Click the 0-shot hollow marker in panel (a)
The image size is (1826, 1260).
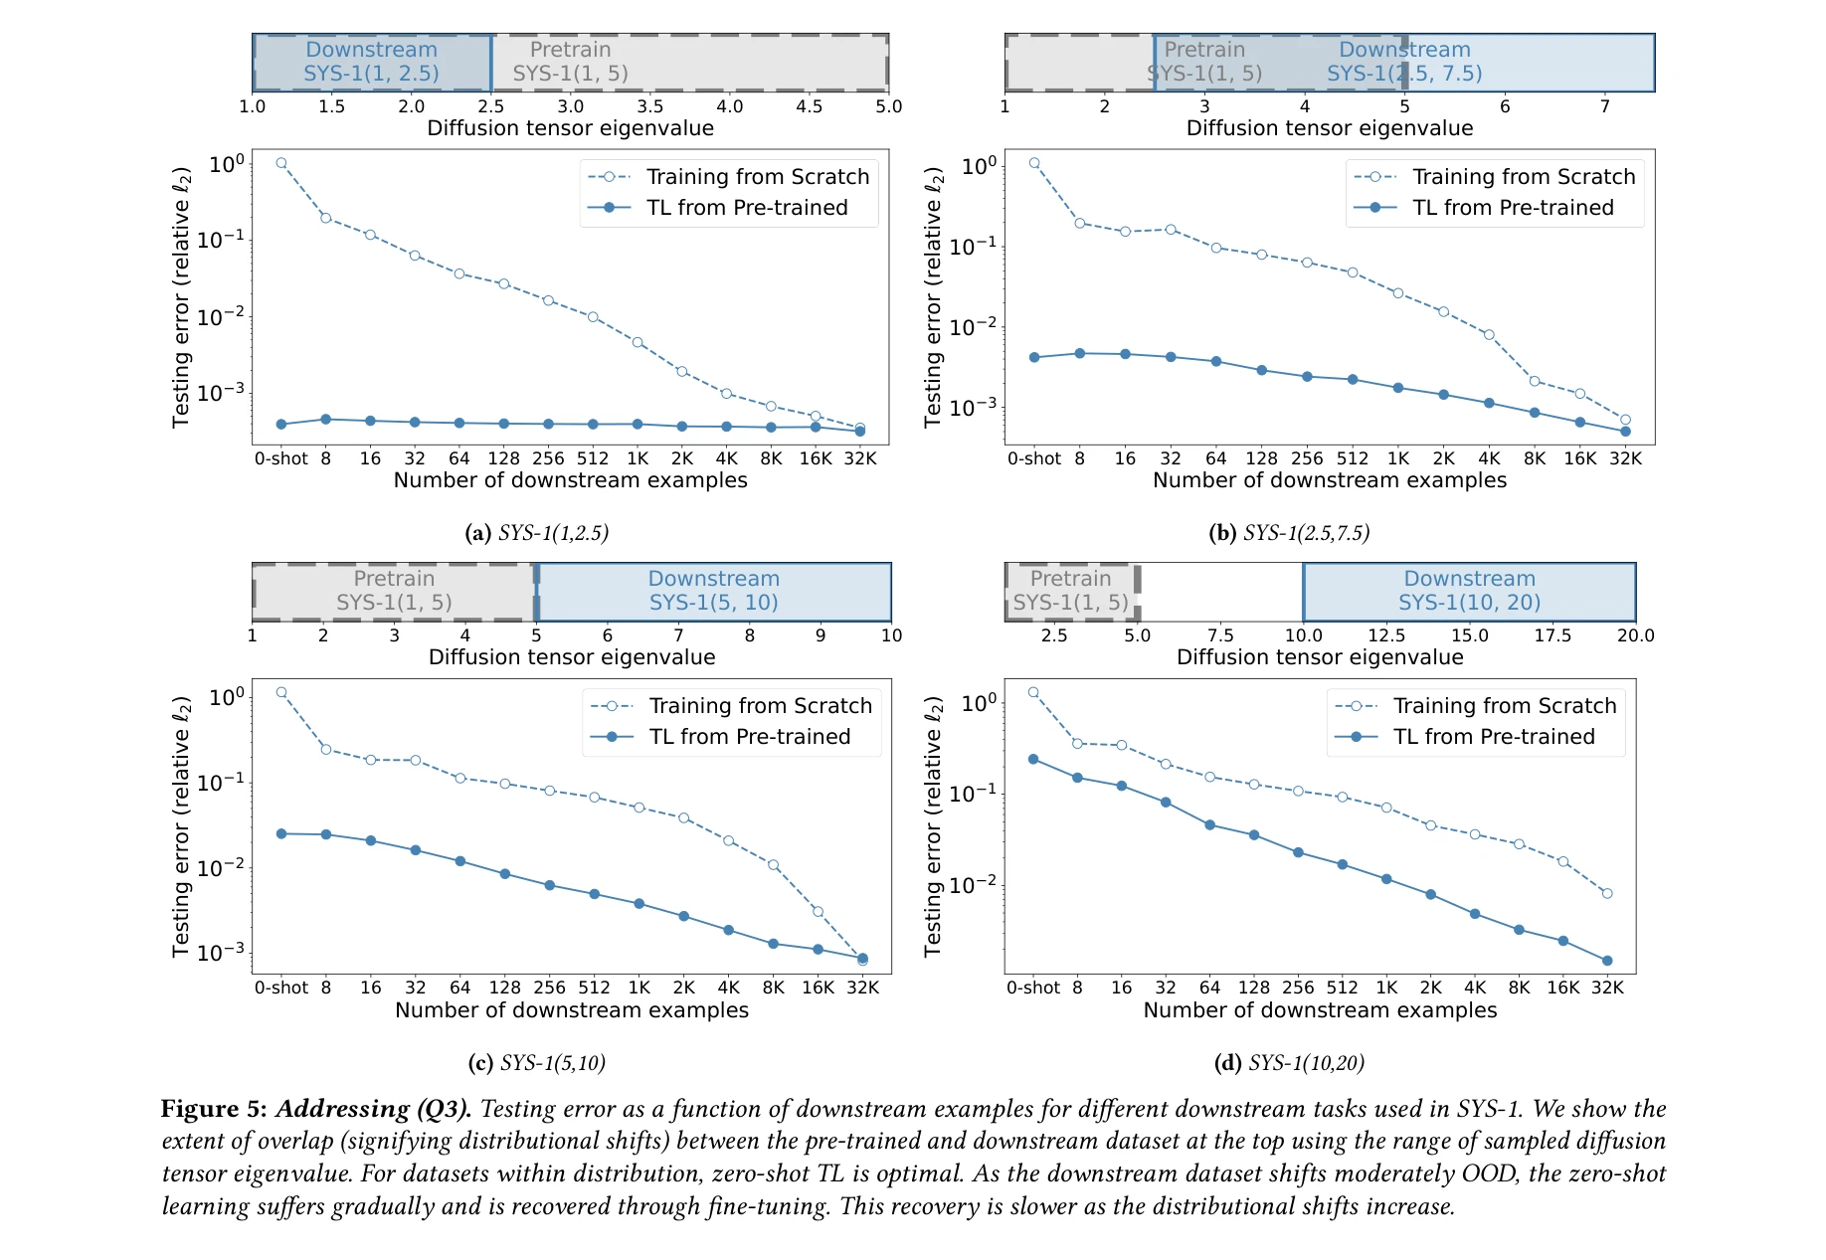point(281,163)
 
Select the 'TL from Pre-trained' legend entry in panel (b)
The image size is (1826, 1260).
point(1512,208)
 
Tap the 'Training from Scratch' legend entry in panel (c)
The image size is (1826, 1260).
point(760,706)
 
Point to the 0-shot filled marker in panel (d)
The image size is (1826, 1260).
point(1033,760)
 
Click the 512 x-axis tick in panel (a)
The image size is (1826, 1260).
point(593,458)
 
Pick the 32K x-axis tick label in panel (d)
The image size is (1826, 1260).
point(1607,988)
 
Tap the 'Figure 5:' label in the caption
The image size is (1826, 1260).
point(214,1109)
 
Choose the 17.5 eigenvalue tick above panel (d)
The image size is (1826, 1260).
point(1552,635)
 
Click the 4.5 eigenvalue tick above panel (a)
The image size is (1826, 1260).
point(810,106)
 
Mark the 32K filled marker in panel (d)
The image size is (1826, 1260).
point(1607,961)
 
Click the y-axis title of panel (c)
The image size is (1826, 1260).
point(181,826)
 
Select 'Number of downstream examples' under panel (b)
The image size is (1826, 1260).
point(1330,480)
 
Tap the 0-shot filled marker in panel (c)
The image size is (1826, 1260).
point(281,833)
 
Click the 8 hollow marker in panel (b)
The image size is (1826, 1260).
point(1080,224)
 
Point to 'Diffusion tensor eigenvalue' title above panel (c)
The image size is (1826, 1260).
point(572,657)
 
